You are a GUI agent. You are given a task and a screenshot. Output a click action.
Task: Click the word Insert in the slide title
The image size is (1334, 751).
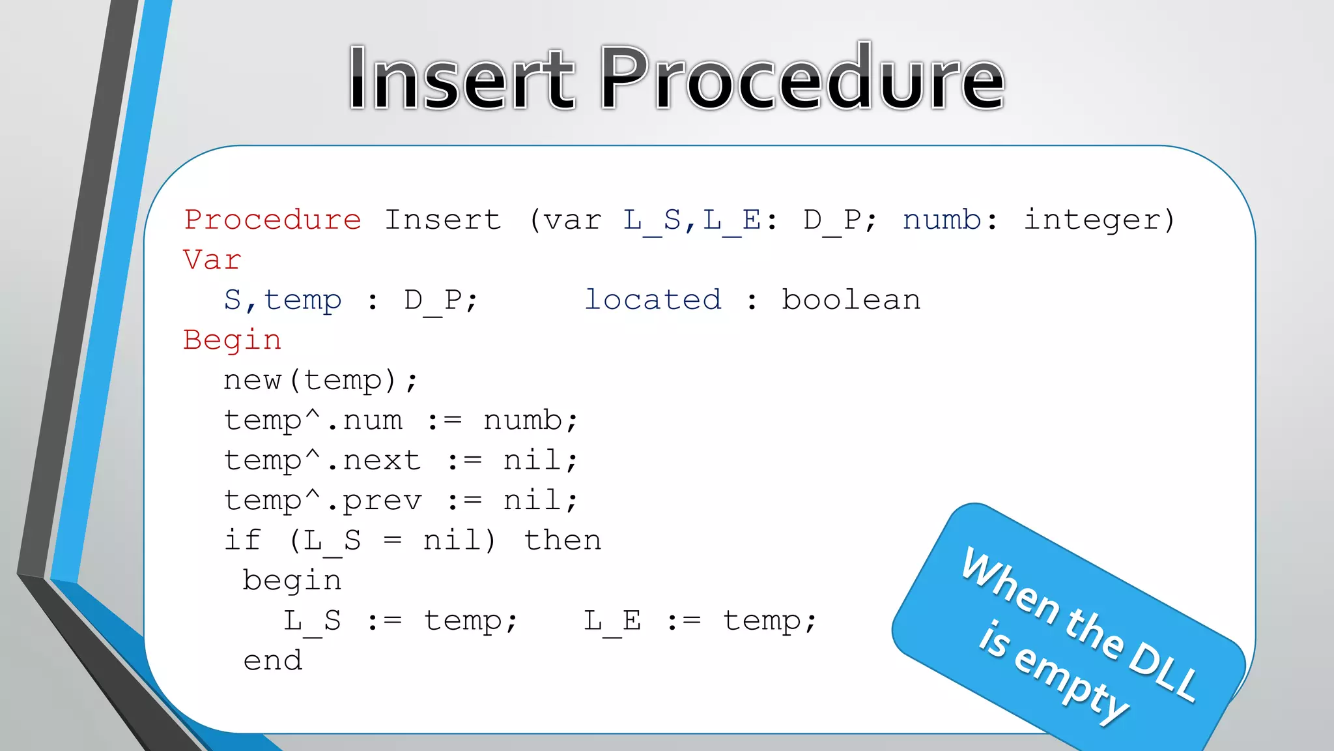(461, 78)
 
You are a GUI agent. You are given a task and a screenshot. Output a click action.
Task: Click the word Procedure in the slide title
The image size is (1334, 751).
(802, 78)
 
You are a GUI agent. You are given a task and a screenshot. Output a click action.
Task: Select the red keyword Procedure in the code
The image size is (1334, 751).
(272, 220)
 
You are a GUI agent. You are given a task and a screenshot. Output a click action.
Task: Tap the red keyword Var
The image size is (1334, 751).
(212, 260)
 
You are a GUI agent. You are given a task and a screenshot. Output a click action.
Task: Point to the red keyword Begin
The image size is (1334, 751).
(232, 340)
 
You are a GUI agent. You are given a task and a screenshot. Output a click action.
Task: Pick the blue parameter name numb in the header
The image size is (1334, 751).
(942, 220)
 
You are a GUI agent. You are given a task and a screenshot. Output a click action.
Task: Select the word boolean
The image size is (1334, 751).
(851, 301)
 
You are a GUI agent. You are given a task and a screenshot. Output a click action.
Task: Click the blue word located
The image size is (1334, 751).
(653, 301)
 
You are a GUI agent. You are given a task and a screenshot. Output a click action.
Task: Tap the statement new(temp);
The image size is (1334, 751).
(320, 381)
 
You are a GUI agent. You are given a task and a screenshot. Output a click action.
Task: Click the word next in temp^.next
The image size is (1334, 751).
(382, 461)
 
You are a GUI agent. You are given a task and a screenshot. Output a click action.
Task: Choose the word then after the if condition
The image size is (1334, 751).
(563, 541)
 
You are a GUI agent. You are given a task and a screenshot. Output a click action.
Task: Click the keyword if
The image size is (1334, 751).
(242, 541)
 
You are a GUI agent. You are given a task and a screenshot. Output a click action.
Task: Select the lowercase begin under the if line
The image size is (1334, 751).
(292, 581)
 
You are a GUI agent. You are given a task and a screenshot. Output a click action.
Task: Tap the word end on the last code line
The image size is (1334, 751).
(272, 661)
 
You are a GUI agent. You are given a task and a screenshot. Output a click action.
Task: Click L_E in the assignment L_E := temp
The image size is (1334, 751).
(612, 621)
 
